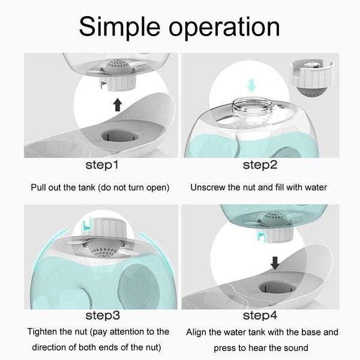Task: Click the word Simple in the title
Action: click(x=119, y=27)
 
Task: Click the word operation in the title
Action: click(x=224, y=27)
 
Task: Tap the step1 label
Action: click(x=102, y=165)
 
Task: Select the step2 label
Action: click(x=260, y=165)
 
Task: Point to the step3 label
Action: click(x=103, y=316)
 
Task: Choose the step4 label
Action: click(x=260, y=316)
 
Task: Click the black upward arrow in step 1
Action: click(x=118, y=104)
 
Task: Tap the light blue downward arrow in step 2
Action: click(x=251, y=85)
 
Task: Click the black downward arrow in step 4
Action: click(x=275, y=263)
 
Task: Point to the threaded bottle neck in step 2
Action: click(x=252, y=107)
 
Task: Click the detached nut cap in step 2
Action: click(x=311, y=77)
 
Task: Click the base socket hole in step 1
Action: click(x=120, y=137)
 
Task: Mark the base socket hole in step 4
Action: click(x=278, y=287)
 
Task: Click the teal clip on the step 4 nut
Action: click(x=261, y=236)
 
